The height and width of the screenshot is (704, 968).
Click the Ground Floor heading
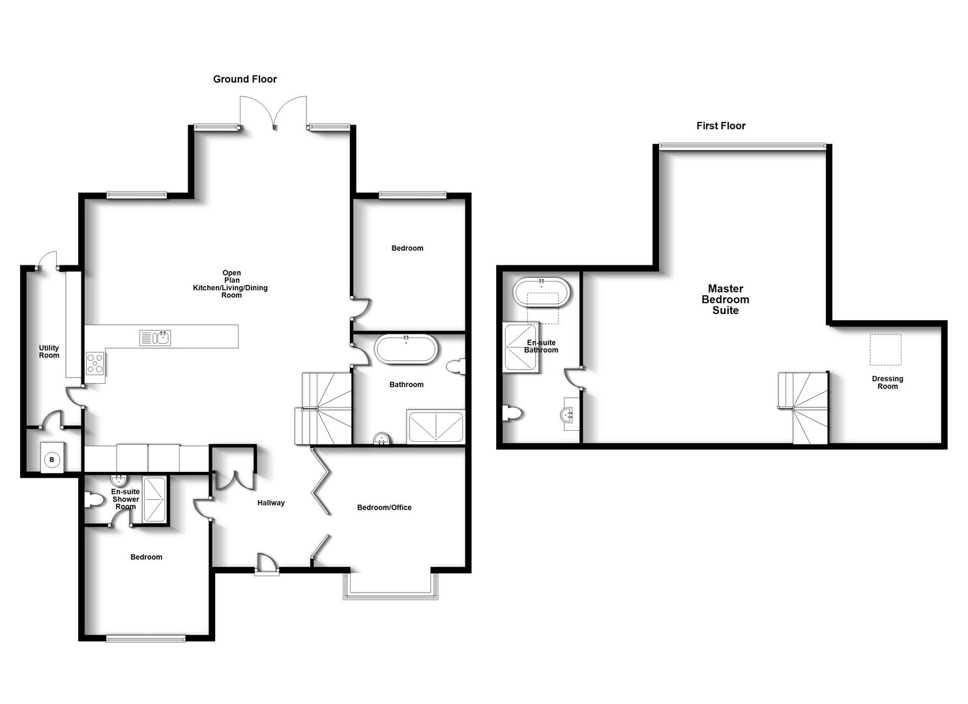[245, 79]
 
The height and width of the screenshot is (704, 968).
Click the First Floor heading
[720, 126]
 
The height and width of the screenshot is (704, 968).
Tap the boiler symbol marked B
[51, 460]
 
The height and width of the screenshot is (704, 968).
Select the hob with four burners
[95, 363]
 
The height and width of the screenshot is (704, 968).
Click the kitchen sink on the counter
[155, 338]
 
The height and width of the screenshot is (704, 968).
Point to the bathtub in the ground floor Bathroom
[405, 349]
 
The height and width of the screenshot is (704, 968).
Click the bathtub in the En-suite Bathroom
[541, 293]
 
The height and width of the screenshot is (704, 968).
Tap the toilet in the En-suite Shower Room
[95, 501]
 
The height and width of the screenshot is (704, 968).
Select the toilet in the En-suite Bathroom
[513, 413]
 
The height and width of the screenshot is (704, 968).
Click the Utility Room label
[49, 351]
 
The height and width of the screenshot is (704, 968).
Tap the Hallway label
[271, 503]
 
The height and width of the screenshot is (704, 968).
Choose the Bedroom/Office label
[384, 507]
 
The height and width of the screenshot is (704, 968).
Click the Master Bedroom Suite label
[725, 299]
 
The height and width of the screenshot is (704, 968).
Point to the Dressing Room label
[887, 383]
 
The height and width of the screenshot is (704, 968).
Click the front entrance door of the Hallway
[266, 565]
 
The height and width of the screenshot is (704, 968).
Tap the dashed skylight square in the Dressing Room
[885, 349]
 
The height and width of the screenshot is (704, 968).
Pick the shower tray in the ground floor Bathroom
[435, 427]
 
